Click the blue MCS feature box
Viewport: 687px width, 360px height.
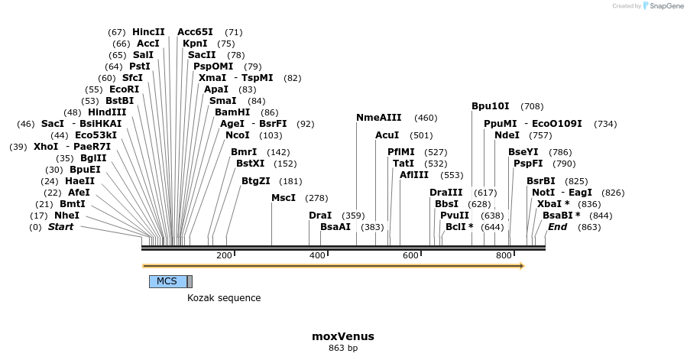pos(168,281)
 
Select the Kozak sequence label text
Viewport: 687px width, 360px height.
pos(224,298)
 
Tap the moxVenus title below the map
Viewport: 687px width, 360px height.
pos(343,336)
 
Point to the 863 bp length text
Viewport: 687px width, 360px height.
pos(343,349)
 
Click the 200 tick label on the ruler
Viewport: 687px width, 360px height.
pos(224,255)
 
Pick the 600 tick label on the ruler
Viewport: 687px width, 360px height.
pos(410,255)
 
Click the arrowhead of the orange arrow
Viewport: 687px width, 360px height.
pos(522,266)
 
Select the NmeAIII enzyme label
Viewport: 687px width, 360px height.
pos(378,118)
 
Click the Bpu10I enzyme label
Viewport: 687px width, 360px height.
pos(491,106)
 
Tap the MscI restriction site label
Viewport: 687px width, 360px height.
pos(284,198)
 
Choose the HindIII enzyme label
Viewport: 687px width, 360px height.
pos(107,112)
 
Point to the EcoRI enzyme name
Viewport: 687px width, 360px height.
pos(124,89)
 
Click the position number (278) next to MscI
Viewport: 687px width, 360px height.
pos(316,198)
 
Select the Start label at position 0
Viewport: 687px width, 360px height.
pos(60,227)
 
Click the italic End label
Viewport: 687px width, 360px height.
pos(557,227)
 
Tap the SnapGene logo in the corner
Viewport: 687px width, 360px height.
pos(663,5)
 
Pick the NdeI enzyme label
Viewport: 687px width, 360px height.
pos(507,135)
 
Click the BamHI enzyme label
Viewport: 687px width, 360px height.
pos(232,112)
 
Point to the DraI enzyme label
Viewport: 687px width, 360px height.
pos(320,216)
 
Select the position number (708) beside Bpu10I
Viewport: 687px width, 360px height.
pos(532,106)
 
